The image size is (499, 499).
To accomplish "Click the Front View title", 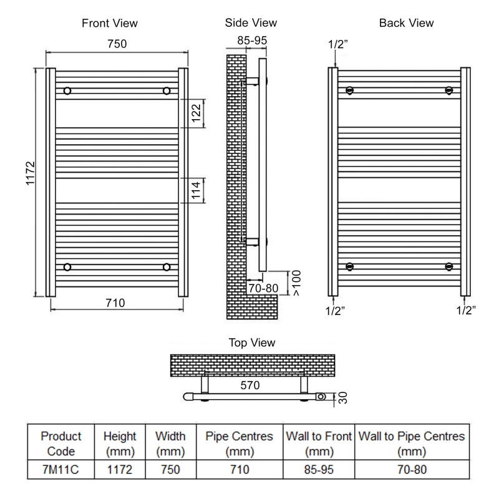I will [110, 23].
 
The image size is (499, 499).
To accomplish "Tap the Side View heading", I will [251, 23].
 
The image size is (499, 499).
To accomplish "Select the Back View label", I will [406, 23].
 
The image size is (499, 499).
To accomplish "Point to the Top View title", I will [253, 343].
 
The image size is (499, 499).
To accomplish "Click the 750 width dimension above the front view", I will [116, 44].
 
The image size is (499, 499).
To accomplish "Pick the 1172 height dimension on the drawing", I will [31, 182].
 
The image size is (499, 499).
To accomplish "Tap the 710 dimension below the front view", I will [115, 303].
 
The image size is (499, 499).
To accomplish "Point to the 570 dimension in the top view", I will [249, 386].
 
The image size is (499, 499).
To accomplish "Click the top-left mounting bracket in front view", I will [67, 91].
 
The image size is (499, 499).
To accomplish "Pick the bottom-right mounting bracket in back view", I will [448, 267].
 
